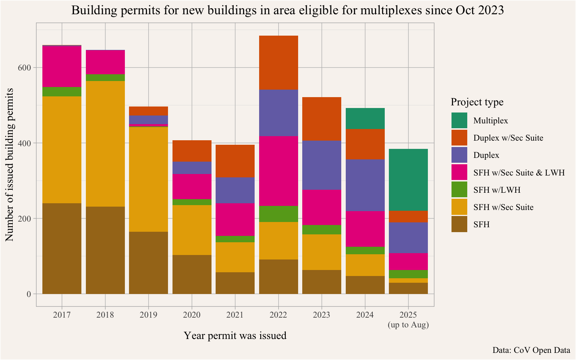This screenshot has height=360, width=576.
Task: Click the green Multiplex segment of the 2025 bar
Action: [408, 180]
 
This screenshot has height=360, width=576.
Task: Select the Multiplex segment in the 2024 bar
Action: [365, 118]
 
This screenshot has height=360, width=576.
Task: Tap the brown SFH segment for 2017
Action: [62, 248]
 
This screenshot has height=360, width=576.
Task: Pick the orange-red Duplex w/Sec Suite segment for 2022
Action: [278, 63]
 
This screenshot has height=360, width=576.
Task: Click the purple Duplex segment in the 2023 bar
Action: [322, 165]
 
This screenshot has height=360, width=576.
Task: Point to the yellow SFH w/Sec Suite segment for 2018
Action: [105, 144]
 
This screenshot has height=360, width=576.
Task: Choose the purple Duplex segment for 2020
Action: [192, 168]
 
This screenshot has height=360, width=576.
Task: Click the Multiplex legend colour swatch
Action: [459, 120]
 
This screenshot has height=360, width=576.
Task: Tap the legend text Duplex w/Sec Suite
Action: [508, 138]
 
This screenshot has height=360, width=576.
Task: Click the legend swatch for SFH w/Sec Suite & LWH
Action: [459, 172]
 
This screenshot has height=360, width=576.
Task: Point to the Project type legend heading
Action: [477, 102]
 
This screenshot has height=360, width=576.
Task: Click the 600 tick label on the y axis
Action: [25, 67]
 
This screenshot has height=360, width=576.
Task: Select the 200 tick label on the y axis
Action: [25, 219]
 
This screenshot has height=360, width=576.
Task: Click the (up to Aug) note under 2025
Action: [408, 325]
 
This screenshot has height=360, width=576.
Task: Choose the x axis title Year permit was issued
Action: [235, 336]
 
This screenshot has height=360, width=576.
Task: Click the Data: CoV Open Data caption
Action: [531, 350]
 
